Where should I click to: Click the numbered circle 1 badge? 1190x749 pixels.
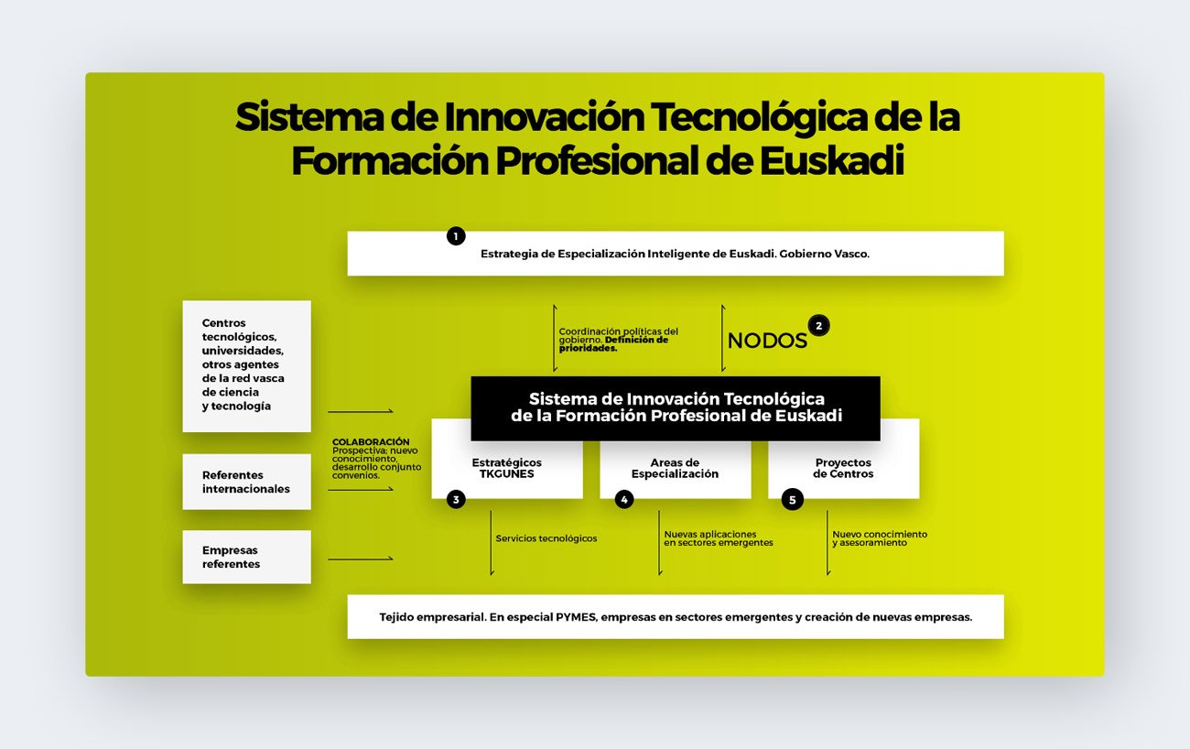456,236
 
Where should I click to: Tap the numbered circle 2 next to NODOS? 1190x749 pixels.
818,326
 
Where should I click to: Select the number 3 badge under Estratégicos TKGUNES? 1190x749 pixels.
456,500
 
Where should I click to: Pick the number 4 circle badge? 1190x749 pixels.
624,500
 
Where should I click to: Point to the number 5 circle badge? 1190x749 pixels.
792,500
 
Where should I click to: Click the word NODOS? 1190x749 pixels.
767,341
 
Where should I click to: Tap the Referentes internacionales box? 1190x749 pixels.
246,482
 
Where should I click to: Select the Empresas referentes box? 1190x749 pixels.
246,557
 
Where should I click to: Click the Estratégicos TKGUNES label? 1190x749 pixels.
507,468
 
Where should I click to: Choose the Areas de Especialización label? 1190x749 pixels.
675,468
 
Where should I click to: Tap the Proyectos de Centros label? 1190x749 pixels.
843,468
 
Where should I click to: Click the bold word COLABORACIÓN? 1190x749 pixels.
371,441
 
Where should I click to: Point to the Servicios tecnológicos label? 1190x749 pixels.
546,538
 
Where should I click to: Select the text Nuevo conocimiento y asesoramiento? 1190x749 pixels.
880,538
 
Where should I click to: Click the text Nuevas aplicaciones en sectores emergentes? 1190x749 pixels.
719,538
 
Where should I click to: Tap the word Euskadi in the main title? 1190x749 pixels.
832,161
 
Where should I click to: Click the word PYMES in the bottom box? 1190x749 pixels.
576,617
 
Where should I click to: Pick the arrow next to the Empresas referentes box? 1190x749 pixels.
361,559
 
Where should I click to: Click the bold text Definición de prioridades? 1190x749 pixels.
613,344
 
